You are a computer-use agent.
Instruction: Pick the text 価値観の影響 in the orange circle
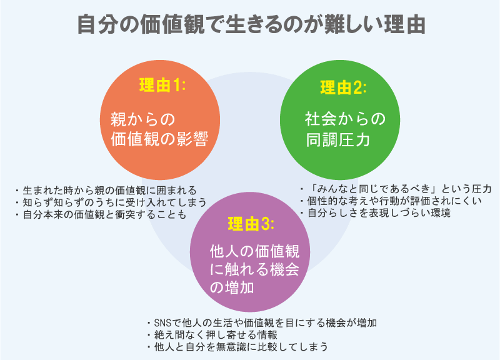[159, 139]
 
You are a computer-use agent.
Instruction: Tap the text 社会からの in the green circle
[341, 119]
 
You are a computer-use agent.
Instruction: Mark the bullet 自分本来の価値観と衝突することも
[99, 215]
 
